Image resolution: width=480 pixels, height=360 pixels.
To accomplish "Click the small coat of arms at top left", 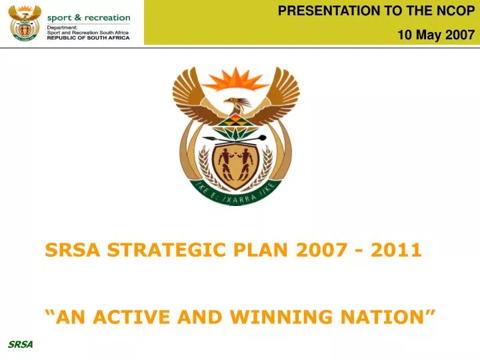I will click(25, 23).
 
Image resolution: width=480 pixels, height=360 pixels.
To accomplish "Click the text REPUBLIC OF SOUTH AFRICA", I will click(88, 38).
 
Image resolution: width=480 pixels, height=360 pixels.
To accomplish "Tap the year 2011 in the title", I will click(397, 250).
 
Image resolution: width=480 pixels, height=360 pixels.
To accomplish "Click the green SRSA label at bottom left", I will click(20, 344).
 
